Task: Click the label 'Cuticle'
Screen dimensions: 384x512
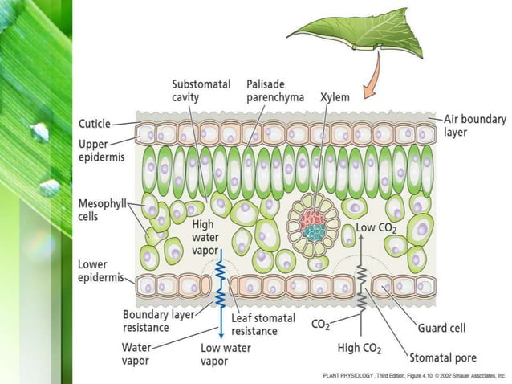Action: [95, 124]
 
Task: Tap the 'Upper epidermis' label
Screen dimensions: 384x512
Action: [100, 150]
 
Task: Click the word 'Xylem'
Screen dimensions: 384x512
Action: [334, 96]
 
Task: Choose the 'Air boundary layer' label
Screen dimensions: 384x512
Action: [474, 125]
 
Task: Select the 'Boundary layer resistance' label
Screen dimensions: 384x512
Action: [156, 321]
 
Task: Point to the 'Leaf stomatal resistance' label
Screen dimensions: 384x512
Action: [258, 324]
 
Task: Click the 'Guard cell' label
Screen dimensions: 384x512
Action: [441, 328]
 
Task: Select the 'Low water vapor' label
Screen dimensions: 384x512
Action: [225, 354]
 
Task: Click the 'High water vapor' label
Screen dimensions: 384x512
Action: [204, 237]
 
